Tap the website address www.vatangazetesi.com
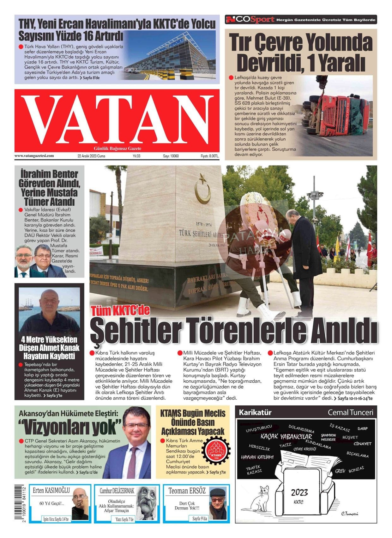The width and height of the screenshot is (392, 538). [34, 156]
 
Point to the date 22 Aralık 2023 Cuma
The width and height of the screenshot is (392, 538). [91, 156]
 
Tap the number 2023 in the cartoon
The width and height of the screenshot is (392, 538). [299, 492]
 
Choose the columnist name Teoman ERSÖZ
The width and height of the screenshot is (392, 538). [187, 491]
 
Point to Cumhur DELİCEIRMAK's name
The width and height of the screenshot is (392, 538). [117, 491]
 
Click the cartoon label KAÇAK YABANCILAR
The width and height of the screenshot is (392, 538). [286, 437]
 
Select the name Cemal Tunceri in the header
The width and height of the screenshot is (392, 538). [350, 412]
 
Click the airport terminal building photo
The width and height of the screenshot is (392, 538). [170, 55]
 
